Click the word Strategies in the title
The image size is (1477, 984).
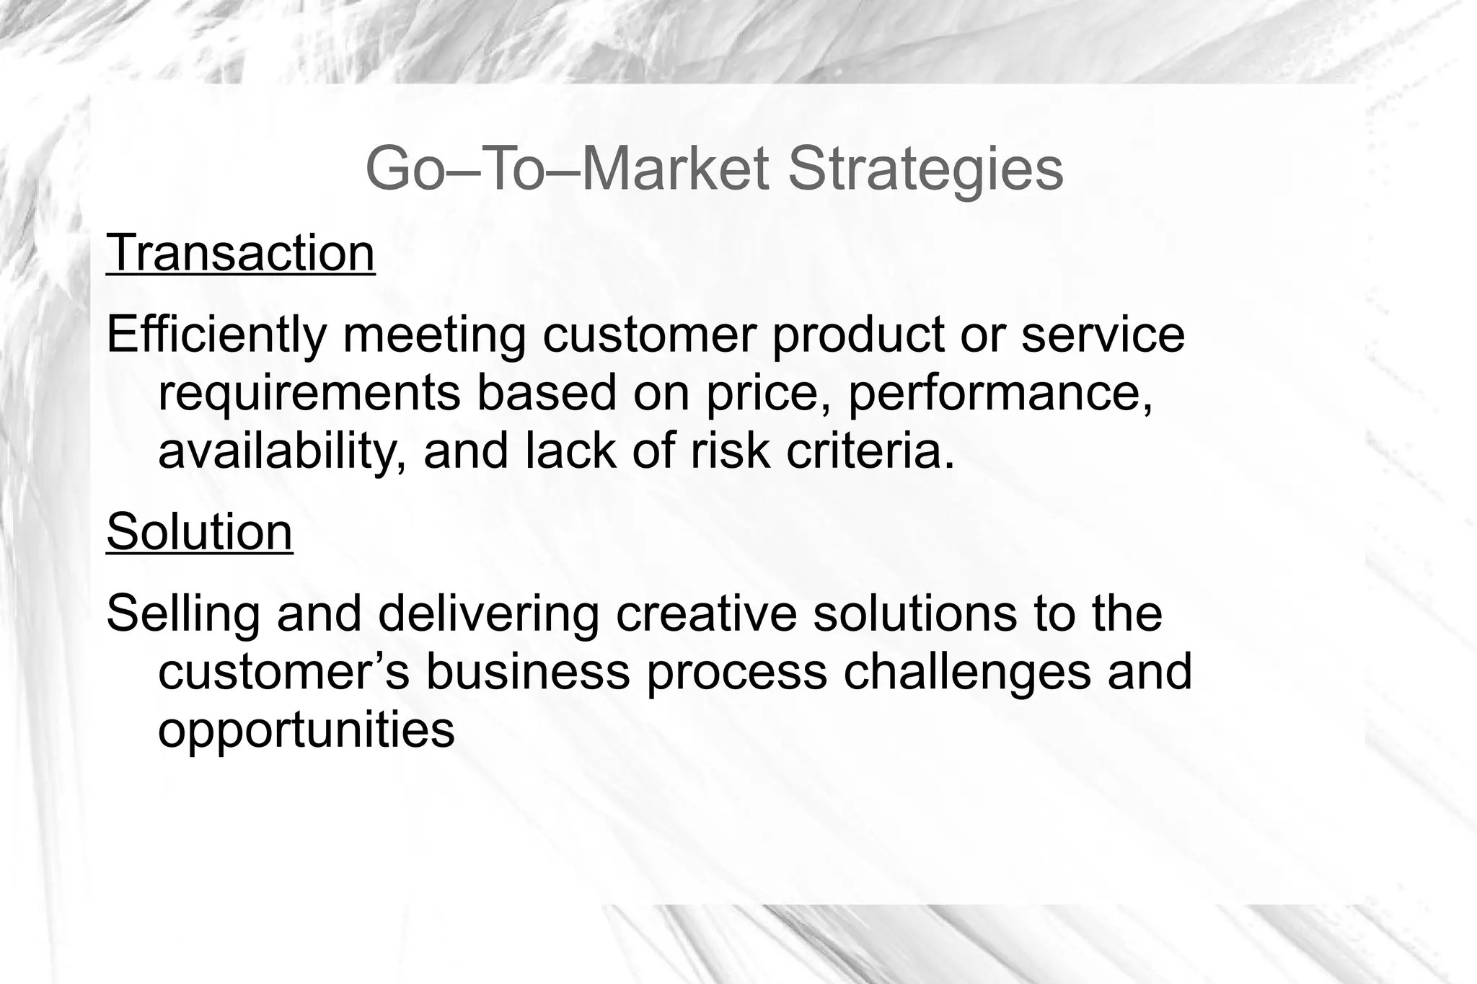click(925, 169)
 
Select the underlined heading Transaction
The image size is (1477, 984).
click(240, 253)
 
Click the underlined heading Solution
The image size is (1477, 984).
click(199, 532)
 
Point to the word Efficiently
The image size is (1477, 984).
click(217, 335)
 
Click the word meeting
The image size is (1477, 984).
click(434, 335)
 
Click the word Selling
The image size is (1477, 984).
click(183, 614)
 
